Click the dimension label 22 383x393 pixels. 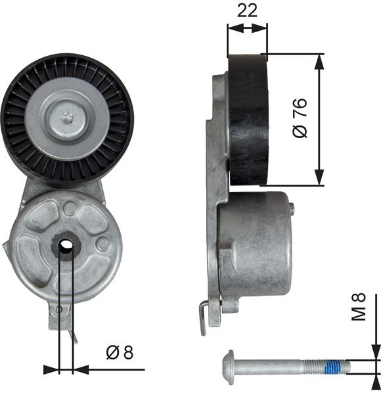coord(247,11)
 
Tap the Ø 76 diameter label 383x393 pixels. coord(300,118)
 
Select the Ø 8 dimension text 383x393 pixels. coord(120,352)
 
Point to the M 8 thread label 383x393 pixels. coord(359,307)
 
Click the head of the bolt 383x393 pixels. coord(229,363)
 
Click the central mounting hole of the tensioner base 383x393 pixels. coord(66,244)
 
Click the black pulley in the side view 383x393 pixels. coord(248,120)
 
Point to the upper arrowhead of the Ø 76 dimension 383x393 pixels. coord(319,62)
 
